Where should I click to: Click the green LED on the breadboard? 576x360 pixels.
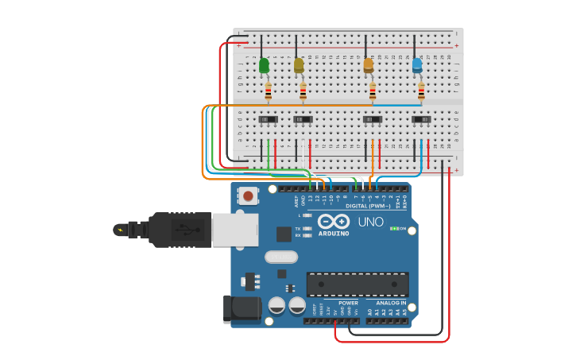264,66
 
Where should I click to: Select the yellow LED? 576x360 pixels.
299,65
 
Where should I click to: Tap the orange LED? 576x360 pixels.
369,66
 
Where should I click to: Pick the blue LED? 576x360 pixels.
417,65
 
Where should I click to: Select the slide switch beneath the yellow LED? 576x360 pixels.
303,120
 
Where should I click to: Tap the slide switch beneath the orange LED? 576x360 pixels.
372,120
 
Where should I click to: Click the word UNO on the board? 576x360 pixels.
371,223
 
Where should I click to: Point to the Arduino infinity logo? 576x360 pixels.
334,221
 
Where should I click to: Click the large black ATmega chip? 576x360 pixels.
358,284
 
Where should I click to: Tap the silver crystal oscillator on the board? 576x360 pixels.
281,257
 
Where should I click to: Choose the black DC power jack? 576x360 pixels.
242,308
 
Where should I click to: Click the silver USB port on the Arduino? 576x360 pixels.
234,230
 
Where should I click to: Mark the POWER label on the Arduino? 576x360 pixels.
348,303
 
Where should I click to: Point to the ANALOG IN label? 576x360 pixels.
390,303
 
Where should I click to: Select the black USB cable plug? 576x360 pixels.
179,230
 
